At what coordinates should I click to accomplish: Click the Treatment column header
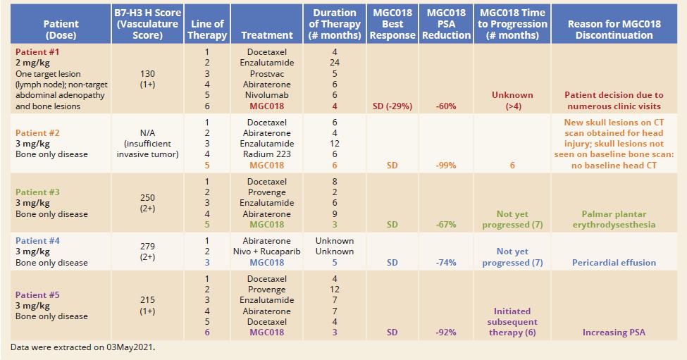pyautogui.click(x=266, y=35)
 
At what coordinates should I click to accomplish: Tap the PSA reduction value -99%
pyautogui.click(x=445, y=166)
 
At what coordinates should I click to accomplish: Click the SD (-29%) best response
pyautogui.click(x=392, y=106)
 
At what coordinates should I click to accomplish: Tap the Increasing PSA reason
pyautogui.click(x=614, y=333)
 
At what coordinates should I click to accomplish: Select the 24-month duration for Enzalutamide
pyautogui.click(x=334, y=63)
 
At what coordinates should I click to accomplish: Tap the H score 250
pyautogui.click(x=147, y=198)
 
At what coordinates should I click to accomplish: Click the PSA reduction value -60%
pyautogui.click(x=445, y=106)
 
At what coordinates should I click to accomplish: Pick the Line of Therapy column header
pyautogui.click(x=207, y=30)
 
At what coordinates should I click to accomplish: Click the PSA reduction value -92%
pyautogui.click(x=445, y=333)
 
